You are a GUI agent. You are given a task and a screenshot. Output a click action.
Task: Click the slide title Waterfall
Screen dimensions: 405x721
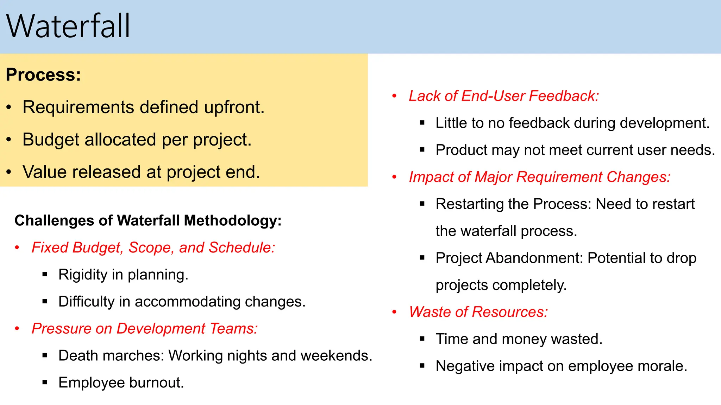coord(68,26)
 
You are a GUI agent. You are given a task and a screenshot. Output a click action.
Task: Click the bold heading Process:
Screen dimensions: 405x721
coord(43,75)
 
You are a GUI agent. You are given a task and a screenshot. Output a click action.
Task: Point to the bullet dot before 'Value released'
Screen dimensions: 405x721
coord(9,172)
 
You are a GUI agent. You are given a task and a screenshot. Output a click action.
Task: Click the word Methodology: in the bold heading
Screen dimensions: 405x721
coord(233,221)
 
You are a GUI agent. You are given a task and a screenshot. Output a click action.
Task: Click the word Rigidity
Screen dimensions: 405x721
coord(83,275)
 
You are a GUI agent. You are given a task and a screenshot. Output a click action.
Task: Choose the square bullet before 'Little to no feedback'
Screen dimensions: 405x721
coord(422,123)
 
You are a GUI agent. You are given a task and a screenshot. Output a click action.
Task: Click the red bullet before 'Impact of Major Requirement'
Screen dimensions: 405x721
coord(395,177)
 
